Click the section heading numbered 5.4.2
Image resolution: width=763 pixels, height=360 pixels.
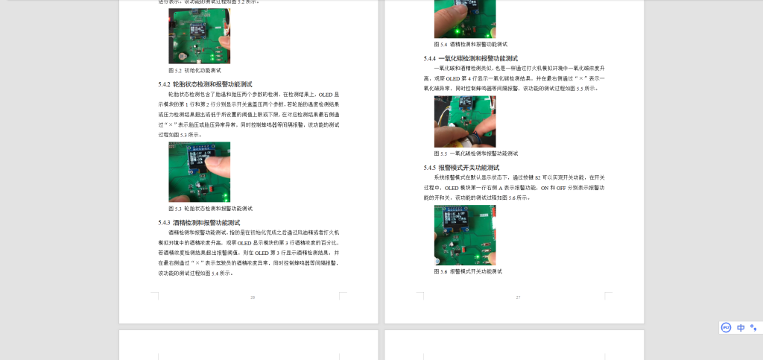click(x=205, y=84)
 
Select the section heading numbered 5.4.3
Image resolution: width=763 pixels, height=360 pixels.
click(x=199, y=223)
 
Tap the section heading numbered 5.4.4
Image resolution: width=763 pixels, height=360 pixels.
click(x=471, y=58)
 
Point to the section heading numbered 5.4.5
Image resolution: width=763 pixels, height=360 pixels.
click(x=469, y=168)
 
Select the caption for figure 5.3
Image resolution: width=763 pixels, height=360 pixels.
click(x=210, y=209)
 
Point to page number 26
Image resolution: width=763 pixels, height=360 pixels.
click(x=253, y=297)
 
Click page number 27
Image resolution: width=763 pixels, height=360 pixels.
click(x=518, y=297)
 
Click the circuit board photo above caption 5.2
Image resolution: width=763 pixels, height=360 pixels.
click(x=199, y=36)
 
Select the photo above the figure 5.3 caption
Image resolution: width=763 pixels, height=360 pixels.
click(x=199, y=172)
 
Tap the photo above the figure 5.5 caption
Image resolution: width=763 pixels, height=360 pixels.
click(x=465, y=121)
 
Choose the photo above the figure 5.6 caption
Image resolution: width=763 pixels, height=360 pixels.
click(x=465, y=236)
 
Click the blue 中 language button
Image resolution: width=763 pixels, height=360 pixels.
click(x=741, y=327)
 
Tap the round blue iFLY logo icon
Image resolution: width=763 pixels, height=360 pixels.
click(x=726, y=327)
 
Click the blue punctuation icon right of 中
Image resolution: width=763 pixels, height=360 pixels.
click(x=753, y=327)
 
